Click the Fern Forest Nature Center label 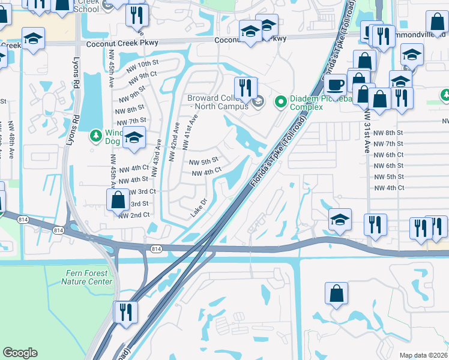click(88, 277)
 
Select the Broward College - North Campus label click(217, 102)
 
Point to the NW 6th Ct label click(388, 155)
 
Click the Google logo click(20, 353)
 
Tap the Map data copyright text click(423, 355)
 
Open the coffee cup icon click(335, 84)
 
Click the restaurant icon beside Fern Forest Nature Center click(125, 312)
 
